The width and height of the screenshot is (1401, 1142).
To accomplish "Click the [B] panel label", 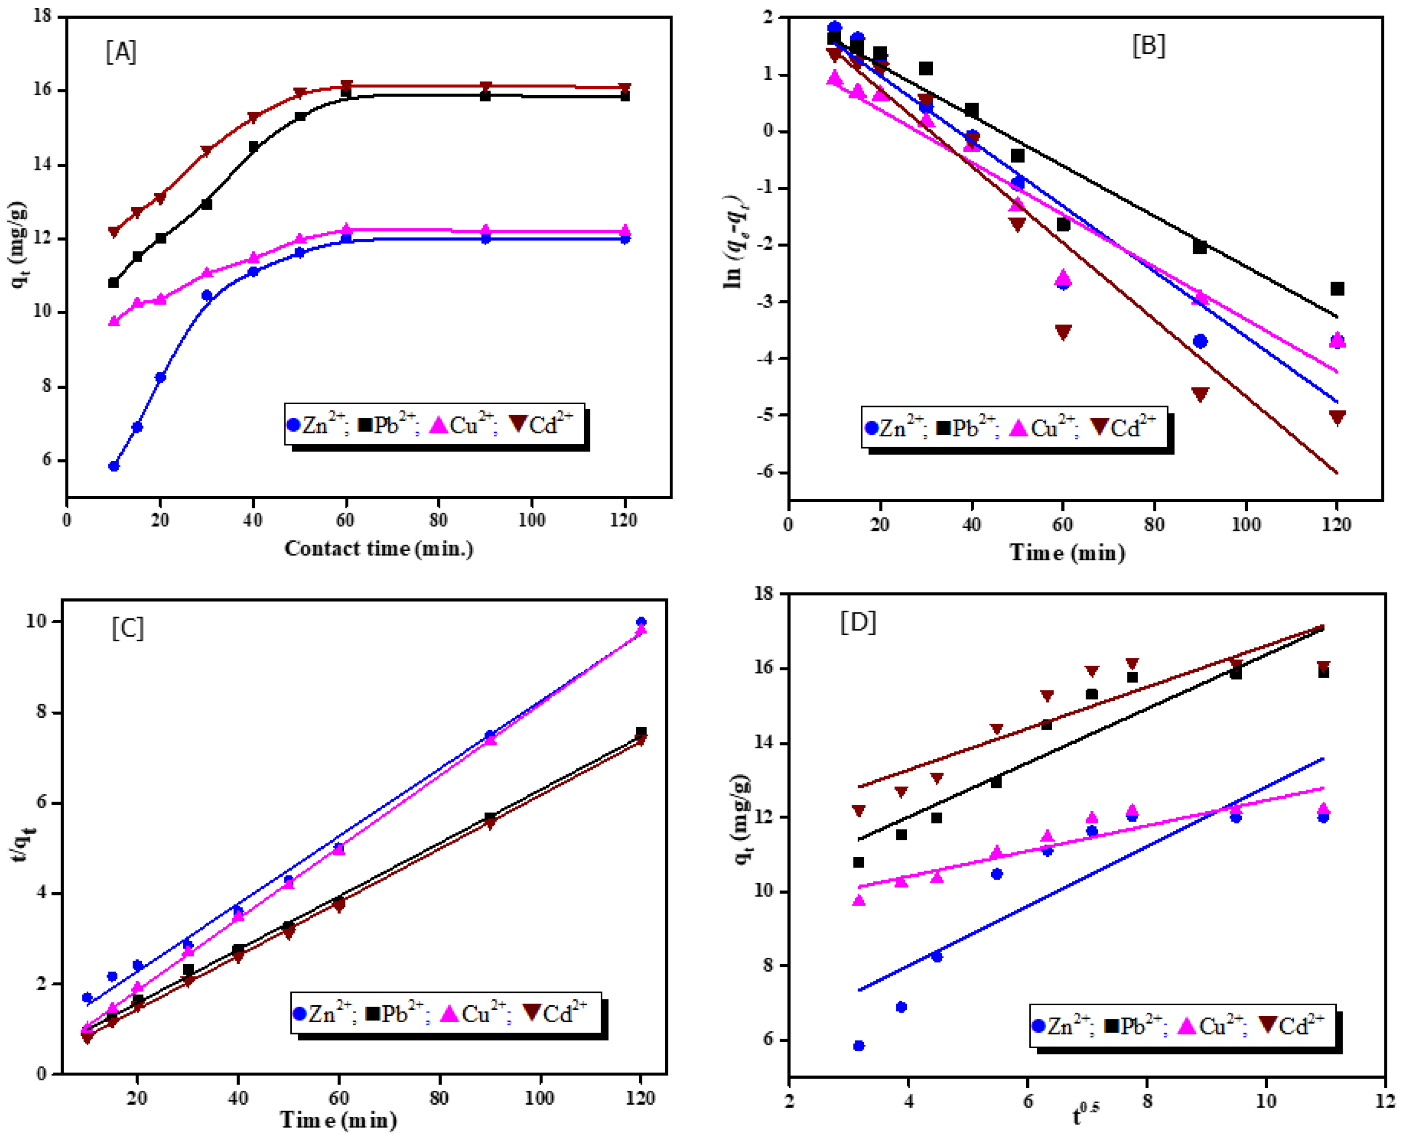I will click(1148, 46).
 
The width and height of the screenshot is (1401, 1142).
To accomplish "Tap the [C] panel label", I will click(127, 628).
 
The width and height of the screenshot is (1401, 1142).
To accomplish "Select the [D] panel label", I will click(858, 622).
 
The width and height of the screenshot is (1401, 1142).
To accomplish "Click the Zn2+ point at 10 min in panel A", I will click(114, 466).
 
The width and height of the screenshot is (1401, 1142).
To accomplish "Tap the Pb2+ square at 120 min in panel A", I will click(625, 96).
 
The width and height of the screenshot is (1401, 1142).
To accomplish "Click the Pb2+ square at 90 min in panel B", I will click(1199, 247).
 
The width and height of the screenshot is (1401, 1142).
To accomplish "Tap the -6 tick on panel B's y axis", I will click(767, 472).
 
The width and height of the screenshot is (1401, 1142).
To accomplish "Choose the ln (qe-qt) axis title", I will click(733, 242).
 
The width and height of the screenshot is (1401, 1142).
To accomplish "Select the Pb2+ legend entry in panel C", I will click(395, 1014).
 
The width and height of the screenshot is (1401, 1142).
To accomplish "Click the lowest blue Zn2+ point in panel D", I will click(858, 1046).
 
